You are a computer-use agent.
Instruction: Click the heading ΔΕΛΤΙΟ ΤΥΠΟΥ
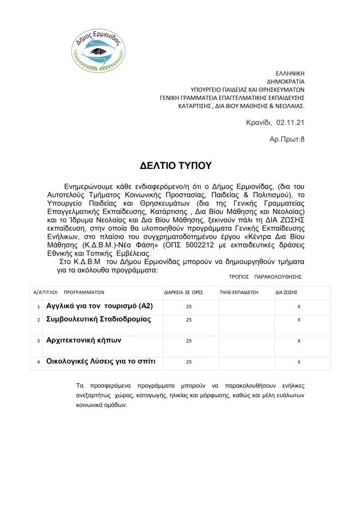176,165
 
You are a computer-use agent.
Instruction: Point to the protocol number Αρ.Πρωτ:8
287,139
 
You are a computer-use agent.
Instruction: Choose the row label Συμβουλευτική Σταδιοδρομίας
98,320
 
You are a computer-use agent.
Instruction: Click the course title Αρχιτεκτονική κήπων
84,340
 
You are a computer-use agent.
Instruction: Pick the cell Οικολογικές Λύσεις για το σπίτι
100,362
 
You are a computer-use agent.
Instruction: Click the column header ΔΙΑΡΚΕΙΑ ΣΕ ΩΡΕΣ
183,292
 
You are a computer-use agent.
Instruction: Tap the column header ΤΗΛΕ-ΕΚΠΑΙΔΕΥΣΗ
239,292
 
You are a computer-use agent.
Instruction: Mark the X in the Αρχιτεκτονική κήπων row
299,341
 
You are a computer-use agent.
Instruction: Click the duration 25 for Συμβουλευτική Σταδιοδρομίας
188,320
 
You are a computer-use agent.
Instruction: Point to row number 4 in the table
38,362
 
